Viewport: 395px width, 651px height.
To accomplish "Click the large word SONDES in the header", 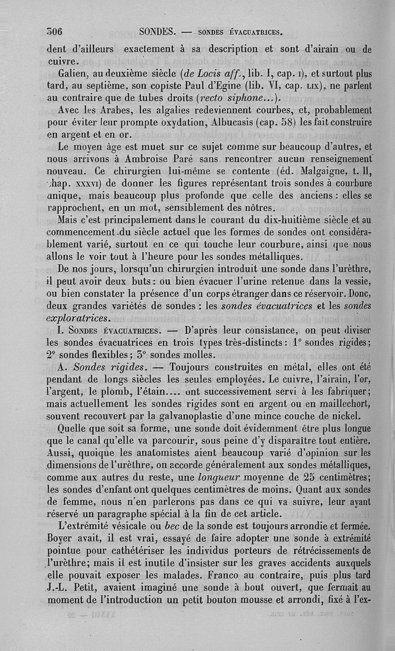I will coord(158,33).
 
